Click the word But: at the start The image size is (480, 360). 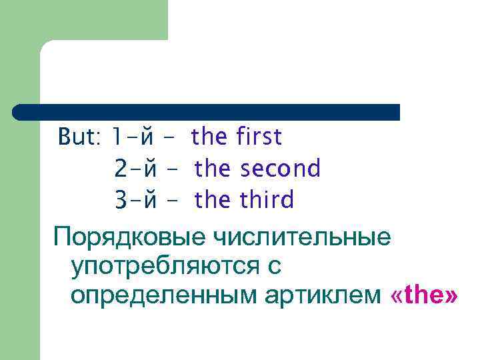pos(79,137)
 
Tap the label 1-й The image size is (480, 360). pos(133,137)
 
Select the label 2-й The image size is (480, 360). pos(135,169)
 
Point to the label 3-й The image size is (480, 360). pos(135,199)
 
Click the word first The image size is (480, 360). pos(259,137)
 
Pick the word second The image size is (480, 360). pos(280,169)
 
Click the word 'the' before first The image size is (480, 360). pos(209,137)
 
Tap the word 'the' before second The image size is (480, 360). pos(213,169)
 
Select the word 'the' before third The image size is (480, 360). pos(213,199)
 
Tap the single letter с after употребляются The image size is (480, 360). pos(274,267)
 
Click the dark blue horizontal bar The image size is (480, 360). pos(207,112)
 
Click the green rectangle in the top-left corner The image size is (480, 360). pos(83,20)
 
